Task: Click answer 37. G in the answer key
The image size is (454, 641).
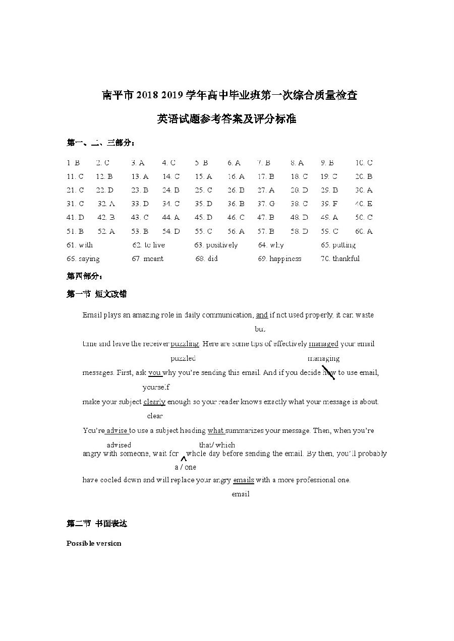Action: pos(266,204)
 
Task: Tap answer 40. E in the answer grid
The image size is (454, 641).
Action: pos(364,204)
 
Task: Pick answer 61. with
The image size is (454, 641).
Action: pos(80,245)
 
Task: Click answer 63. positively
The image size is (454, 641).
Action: pos(216,245)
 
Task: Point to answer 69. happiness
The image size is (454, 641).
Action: pos(279,259)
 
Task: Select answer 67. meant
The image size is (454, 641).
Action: pos(147,259)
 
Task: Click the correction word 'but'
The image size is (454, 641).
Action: pos(260,329)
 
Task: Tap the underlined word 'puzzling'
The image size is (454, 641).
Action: pos(185,344)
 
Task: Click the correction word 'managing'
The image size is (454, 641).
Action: pos(323,359)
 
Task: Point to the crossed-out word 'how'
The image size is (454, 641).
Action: pos(328,373)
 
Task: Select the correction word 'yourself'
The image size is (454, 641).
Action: pos(156,388)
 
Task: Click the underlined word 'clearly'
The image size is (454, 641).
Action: pos(154,402)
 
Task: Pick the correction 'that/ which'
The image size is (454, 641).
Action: pos(217,445)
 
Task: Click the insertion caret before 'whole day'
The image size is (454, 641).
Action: pos(184,458)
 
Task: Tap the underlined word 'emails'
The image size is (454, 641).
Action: pos(244,480)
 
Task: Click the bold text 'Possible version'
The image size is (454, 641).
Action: pos(94,543)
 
